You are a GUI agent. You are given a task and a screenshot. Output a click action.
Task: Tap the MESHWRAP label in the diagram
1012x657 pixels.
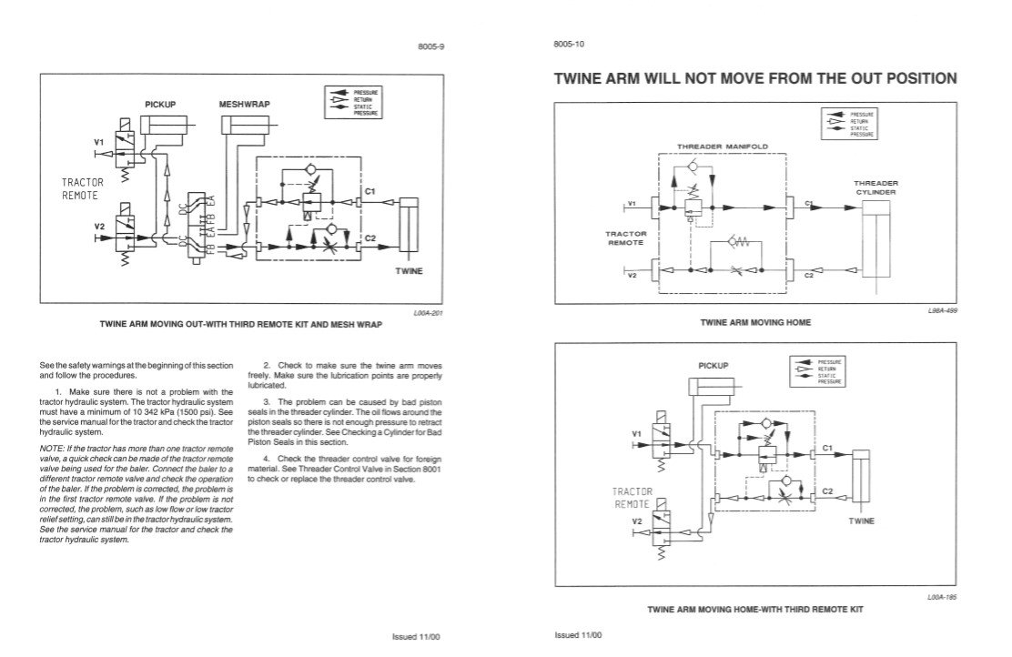click(x=241, y=105)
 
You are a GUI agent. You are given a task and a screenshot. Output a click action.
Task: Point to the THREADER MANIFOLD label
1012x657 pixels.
click(x=723, y=146)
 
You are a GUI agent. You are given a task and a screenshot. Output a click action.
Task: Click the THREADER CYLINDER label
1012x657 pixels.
click(x=875, y=187)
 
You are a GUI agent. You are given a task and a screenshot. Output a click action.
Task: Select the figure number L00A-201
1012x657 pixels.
click(x=429, y=312)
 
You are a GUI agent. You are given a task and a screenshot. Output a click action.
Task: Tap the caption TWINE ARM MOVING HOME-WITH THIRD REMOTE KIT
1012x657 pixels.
click(x=754, y=608)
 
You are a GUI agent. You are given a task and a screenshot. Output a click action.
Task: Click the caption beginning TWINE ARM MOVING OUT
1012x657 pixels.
click(x=241, y=324)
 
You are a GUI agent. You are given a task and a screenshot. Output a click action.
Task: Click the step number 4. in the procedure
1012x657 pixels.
click(x=267, y=457)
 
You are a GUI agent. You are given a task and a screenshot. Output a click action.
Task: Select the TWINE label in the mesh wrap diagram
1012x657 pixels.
click(x=409, y=271)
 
